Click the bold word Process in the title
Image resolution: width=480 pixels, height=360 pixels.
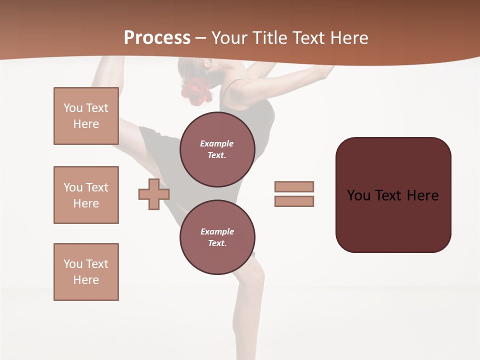[157, 37]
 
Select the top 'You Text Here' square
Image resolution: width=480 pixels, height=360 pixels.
[86, 116]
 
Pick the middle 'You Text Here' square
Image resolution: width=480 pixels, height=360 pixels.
[86, 195]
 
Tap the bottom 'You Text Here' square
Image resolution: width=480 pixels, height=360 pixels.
[86, 272]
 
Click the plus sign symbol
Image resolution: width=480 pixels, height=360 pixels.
[154, 194]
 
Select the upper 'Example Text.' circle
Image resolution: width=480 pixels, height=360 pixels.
[217, 149]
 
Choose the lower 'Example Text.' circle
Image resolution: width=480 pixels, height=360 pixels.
[217, 237]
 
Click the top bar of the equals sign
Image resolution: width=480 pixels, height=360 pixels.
[294, 186]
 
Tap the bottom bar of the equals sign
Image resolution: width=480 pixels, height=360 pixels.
[294, 201]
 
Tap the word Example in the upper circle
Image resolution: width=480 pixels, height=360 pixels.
[216, 143]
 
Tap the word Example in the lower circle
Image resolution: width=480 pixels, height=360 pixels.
[217, 231]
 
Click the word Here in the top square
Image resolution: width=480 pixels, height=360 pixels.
[86, 124]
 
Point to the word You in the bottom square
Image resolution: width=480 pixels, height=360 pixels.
[72, 264]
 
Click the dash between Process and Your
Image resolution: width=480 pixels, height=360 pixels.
[200, 38]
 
